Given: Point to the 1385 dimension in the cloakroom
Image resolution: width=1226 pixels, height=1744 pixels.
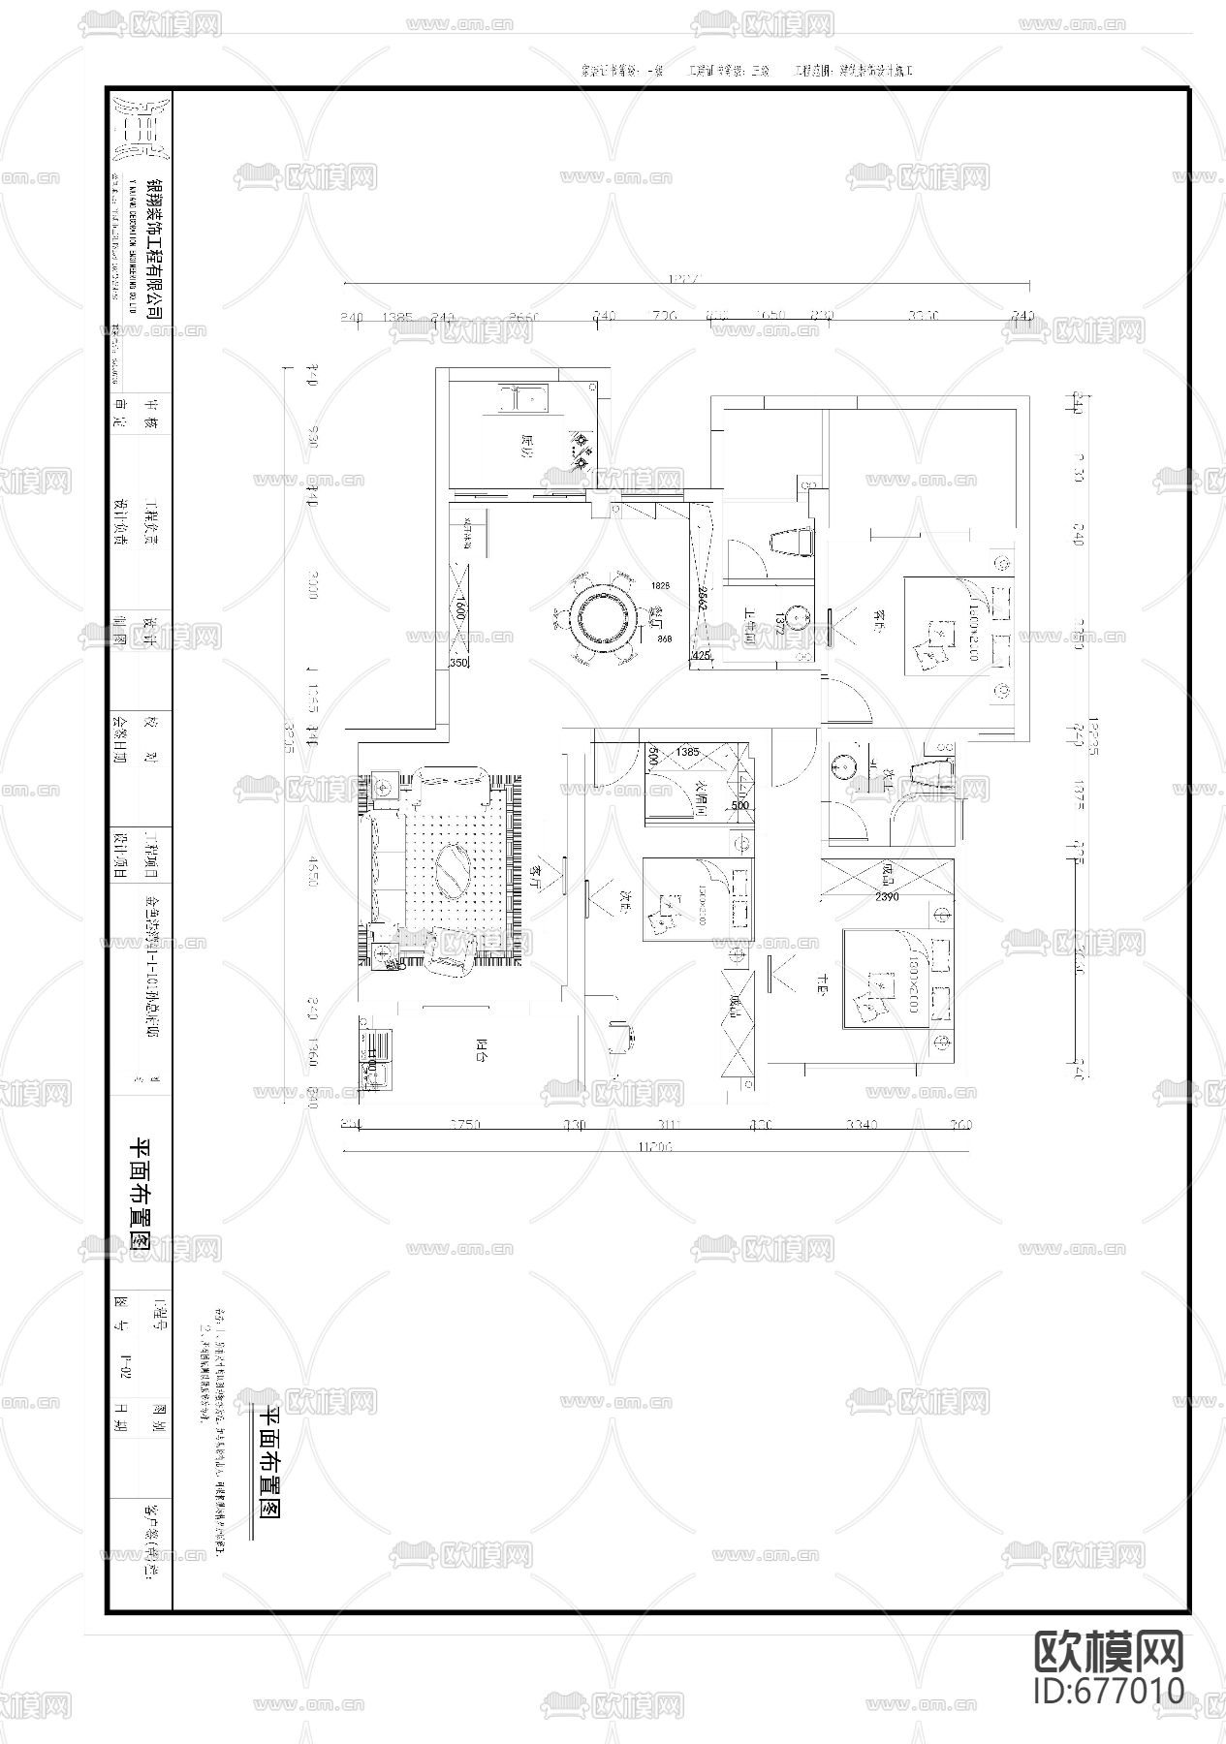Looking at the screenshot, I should coord(687,751).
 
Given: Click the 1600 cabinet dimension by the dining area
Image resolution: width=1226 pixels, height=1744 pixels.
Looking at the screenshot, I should coord(460,610).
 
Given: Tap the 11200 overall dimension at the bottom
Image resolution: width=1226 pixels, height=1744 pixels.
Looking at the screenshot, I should coord(655,1146).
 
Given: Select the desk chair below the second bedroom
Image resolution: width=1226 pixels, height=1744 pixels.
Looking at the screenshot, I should coord(621,1034).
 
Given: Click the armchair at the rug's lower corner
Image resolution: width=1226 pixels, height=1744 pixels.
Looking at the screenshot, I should coord(449,950).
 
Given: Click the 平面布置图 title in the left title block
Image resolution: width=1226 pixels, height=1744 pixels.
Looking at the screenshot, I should coord(138,1196).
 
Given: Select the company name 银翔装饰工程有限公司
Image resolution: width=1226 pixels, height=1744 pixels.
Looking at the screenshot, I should coord(153,232).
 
